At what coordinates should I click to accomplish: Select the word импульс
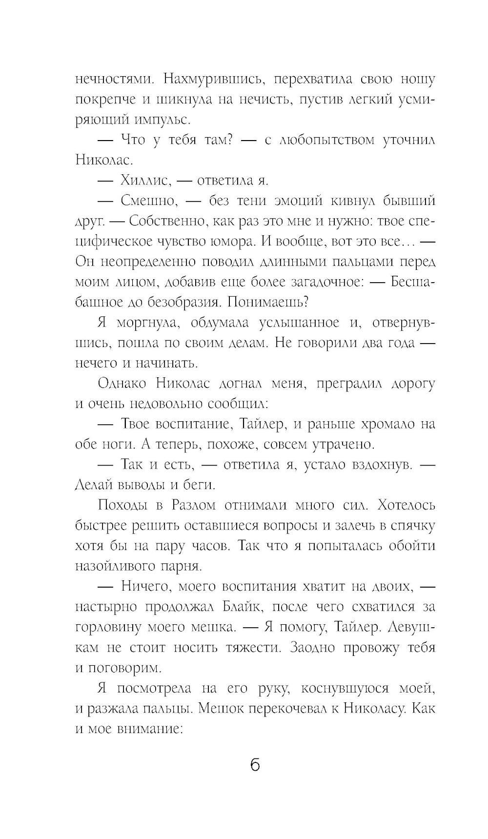169,120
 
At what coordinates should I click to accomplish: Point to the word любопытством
326,140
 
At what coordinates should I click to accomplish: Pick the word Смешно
145,201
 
